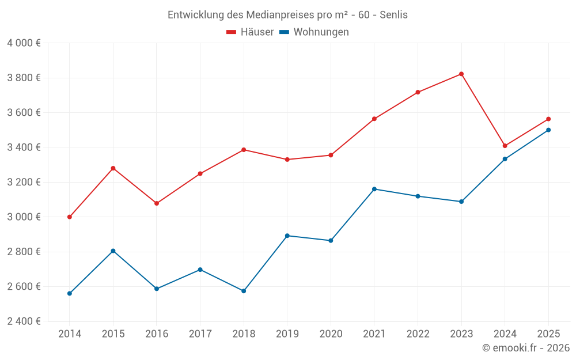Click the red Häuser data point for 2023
pyautogui.click(x=461, y=74)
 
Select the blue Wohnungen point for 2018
pyautogui.click(x=244, y=291)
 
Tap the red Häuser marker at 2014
pyautogui.click(x=70, y=217)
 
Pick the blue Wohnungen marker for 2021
pyautogui.click(x=374, y=189)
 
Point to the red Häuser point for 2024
pyautogui.click(x=505, y=146)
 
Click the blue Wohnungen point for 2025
pyautogui.click(x=548, y=130)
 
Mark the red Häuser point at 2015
pyautogui.click(x=113, y=168)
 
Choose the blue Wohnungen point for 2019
pyautogui.click(x=287, y=236)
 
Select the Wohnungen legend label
pyautogui.click(x=321, y=32)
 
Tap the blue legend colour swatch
pyautogui.click(x=284, y=32)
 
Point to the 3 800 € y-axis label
pyautogui.click(x=24, y=78)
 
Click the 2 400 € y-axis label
pyautogui.click(x=24, y=321)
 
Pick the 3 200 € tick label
pyautogui.click(x=24, y=182)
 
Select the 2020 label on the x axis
pyautogui.click(x=331, y=334)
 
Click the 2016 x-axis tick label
pyautogui.click(x=157, y=334)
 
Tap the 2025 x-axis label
pyautogui.click(x=548, y=334)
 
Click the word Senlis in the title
pyautogui.click(x=393, y=15)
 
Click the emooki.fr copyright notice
pyautogui.click(x=525, y=348)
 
